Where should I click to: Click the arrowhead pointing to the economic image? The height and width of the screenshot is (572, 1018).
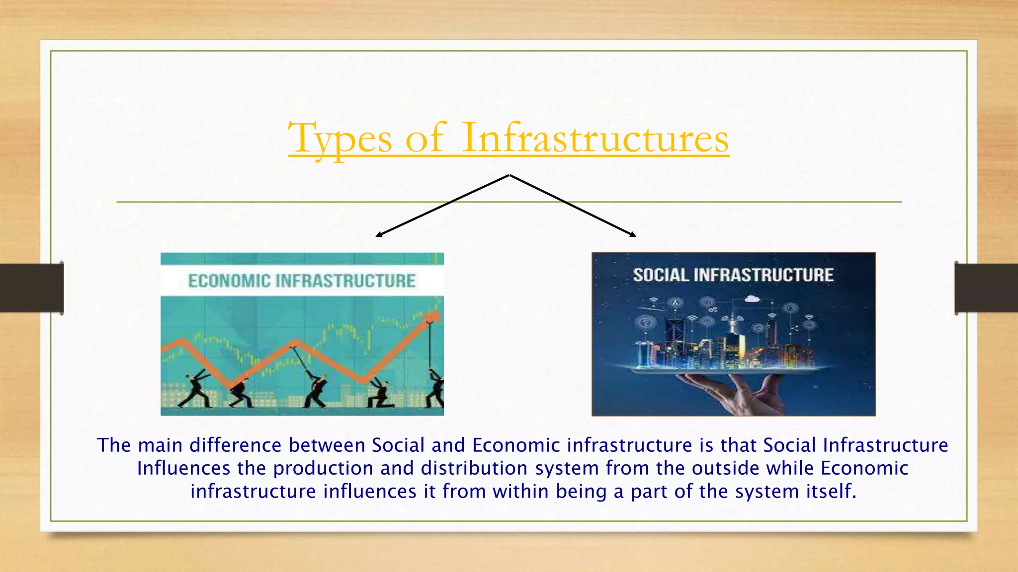click(379, 234)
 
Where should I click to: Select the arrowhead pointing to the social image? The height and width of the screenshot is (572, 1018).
click(633, 234)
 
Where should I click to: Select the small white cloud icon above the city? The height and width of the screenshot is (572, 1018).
click(752, 299)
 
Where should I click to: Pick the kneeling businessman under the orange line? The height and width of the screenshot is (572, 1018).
click(380, 395)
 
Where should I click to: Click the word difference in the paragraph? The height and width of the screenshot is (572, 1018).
click(236, 445)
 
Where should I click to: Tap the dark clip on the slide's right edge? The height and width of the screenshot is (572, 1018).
click(986, 288)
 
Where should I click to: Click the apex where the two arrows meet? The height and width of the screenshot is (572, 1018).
click(509, 175)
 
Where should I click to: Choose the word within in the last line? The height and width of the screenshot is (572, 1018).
click(521, 492)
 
